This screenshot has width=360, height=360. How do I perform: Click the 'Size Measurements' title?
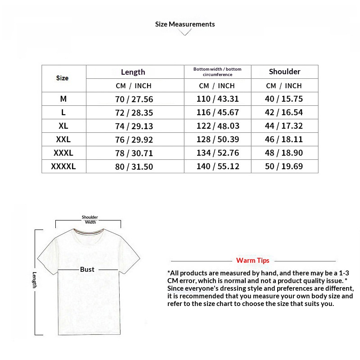click(185, 24)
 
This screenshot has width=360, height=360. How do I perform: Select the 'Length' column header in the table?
click(133, 72)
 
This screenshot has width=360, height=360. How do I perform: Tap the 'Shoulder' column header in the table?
click(284, 72)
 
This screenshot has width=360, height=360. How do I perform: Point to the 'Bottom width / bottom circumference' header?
click(217, 72)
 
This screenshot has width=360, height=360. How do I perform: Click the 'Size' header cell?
click(63, 78)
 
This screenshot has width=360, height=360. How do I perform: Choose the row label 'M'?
click(63, 99)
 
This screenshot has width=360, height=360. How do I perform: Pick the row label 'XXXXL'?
click(63, 166)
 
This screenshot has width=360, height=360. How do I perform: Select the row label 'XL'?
click(63, 126)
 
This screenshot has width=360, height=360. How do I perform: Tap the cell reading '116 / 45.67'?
click(218, 112)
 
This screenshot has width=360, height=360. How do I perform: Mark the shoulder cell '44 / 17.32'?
click(284, 126)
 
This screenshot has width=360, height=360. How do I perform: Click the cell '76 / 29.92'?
click(134, 139)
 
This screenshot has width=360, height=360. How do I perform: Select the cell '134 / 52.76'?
click(218, 153)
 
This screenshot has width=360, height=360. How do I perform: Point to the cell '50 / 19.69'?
click(284, 166)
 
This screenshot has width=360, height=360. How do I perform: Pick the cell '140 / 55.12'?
click(218, 166)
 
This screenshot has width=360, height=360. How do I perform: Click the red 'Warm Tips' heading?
click(252, 261)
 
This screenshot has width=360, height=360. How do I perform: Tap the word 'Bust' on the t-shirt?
click(87, 270)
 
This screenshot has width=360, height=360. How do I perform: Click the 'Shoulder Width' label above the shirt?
click(90, 220)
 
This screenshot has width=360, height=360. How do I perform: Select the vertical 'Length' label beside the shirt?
click(34, 280)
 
